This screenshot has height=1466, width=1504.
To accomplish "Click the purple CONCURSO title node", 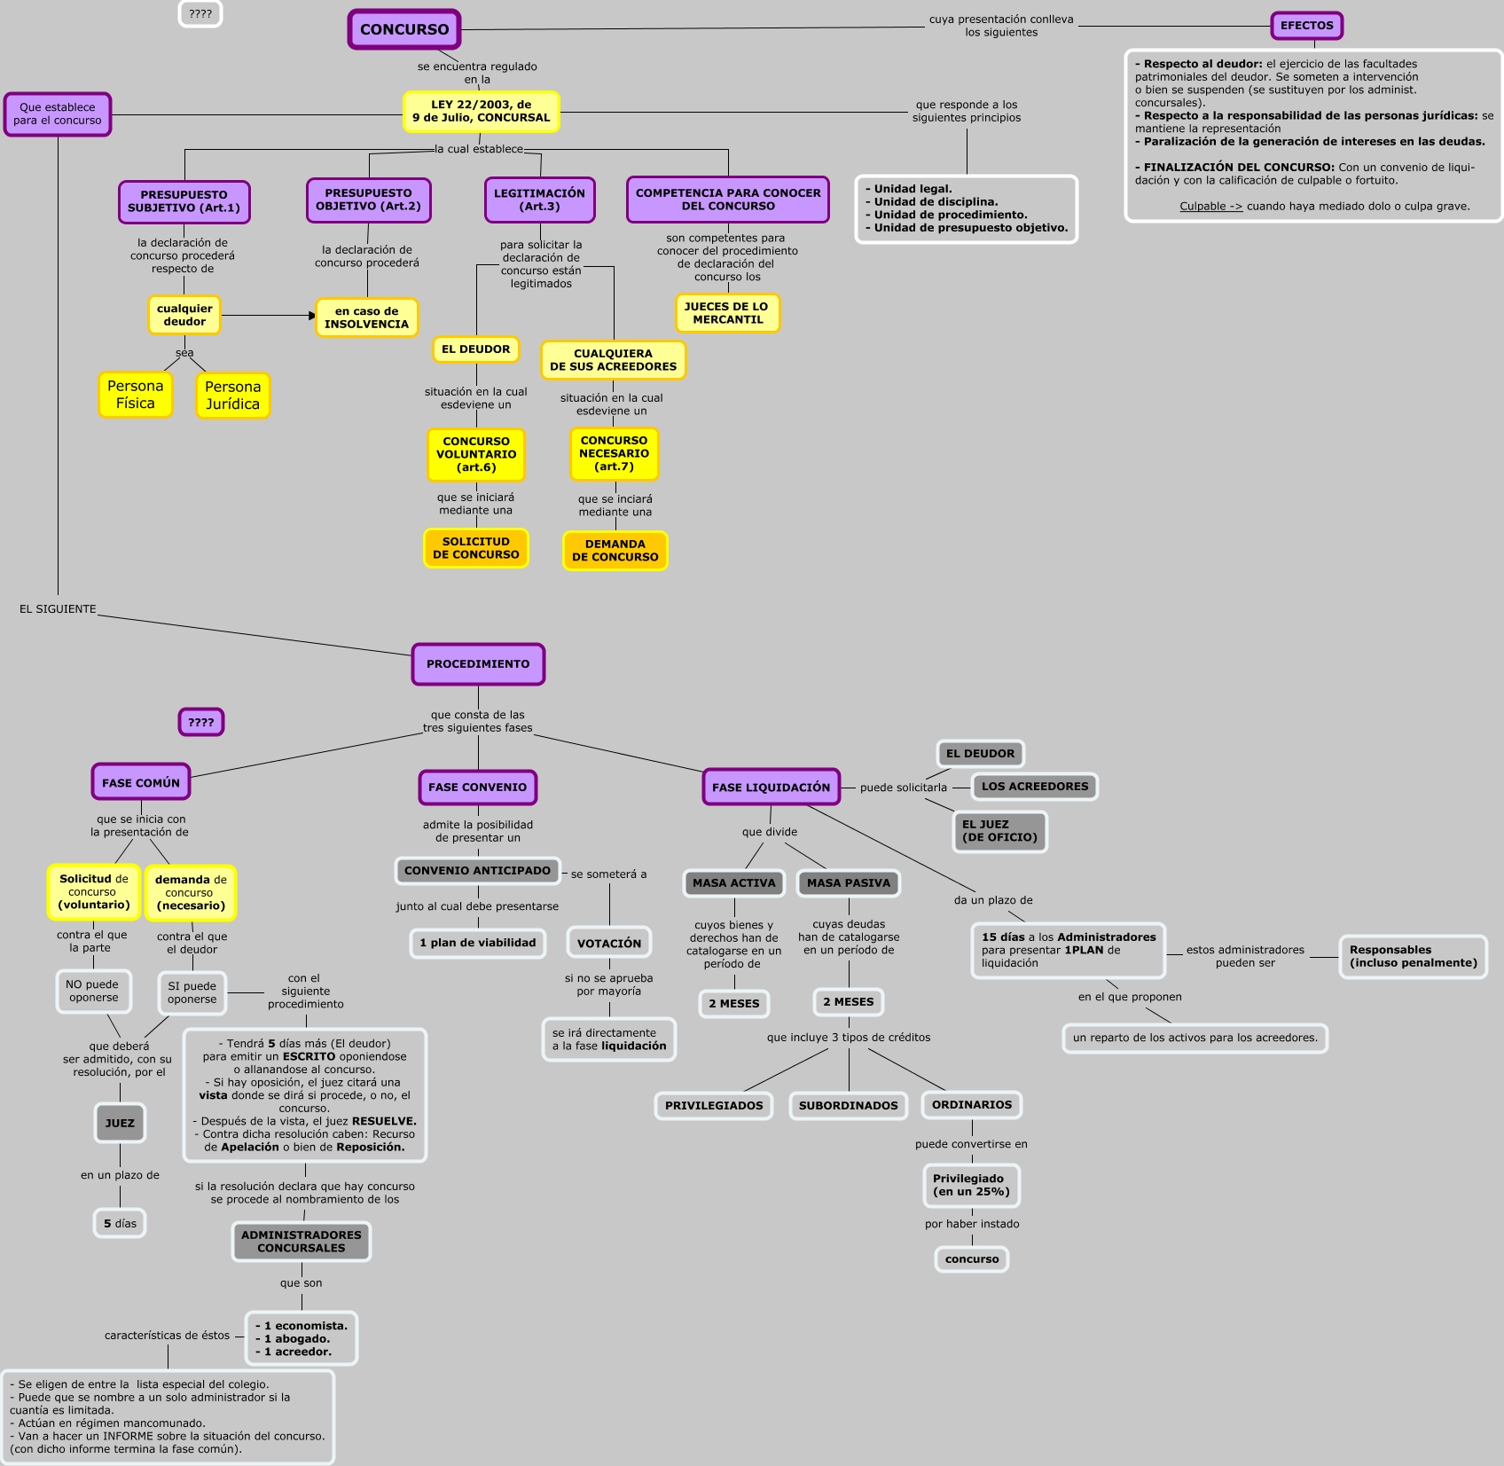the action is (x=404, y=29).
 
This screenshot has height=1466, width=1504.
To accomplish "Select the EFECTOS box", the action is (x=1306, y=26).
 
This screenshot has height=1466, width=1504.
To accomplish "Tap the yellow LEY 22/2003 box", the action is (x=481, y=111).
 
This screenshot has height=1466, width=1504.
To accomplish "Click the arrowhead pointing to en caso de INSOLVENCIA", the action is (x=312, y=316).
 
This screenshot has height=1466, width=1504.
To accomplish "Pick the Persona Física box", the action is (x=136, y=395).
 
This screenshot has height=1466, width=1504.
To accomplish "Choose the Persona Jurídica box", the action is (x=233, y=396).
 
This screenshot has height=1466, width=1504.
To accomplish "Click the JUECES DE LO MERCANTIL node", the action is (x=727, y=313).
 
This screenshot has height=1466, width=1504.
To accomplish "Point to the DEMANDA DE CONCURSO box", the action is (x=615, y=551).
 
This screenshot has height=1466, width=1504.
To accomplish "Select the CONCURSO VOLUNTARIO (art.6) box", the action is (x=476, y=454).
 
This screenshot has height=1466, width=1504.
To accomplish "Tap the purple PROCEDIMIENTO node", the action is (x=478, y=664).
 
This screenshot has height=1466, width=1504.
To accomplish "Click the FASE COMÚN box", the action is (x=141, y=783).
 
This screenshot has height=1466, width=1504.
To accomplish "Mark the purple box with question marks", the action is (x=201, y=723).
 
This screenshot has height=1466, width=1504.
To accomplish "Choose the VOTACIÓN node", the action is (x=609, y=944).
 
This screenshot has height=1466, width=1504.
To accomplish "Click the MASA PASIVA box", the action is (x=849, y=883).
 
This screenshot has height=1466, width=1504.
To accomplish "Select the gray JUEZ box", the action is (x=120, y=1124).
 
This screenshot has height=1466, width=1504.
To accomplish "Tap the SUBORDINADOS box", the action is (x=849, y=1106).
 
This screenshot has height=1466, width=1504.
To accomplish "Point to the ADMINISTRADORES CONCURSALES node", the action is (x=302, y=1242).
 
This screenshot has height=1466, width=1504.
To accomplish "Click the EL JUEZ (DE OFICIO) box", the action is (x=999, y=831).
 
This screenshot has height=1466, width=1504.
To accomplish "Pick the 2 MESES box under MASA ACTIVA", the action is (x=734, y=1004).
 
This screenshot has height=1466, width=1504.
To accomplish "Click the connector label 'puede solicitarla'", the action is (x=903, y=788).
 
